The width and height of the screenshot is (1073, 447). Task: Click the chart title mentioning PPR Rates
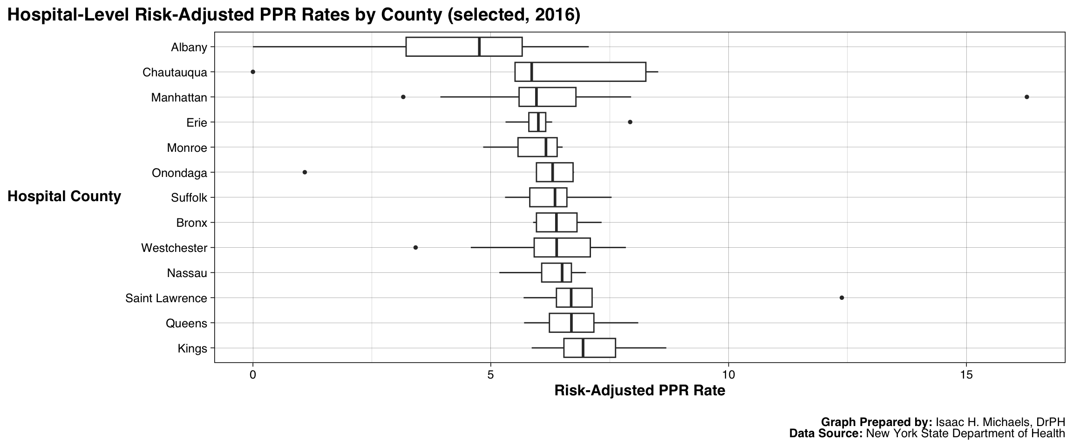click(x=293, y=15)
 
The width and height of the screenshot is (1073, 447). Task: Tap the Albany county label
click(x=189, y=47)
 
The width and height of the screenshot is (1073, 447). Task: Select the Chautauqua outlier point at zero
click(x=253, y=72)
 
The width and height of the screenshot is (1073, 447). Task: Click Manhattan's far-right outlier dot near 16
click(x=1027, y=97)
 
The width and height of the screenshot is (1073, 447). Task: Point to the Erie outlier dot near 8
click(x=630, y=122)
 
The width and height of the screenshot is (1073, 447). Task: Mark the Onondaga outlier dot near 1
click(x=305, y=172)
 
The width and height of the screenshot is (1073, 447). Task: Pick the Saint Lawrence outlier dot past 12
click(x=842, y=298)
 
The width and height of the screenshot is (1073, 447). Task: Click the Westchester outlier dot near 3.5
click(x=415, y=247)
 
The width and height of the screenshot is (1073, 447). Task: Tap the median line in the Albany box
click(x=479, y=47)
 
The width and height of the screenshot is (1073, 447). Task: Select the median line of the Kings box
click(x=583, y=348)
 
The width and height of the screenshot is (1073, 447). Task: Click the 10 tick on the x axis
click(x=728, y=374)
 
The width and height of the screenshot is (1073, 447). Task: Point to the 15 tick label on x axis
click(x=966, y=374)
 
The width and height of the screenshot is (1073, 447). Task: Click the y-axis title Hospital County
click(x=64, y=196)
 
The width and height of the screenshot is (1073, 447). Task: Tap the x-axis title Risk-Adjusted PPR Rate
click(x=639, y=391)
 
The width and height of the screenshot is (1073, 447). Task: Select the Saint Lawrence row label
click(x=166, y=298)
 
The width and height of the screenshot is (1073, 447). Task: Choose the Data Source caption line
click(x=927, y=433)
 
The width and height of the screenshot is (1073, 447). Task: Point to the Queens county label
click(x=186, y=323)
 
